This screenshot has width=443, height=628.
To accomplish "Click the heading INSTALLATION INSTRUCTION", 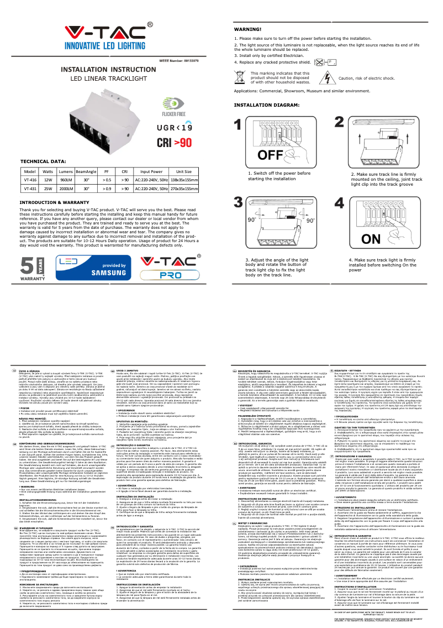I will tap(109, 70).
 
